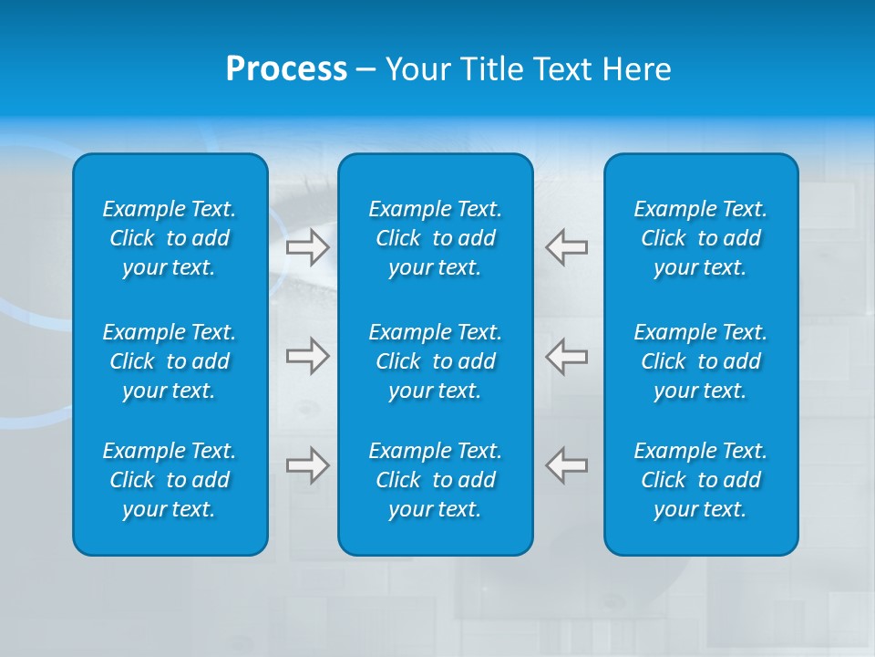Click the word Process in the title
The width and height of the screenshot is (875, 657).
click(x=286, y=69)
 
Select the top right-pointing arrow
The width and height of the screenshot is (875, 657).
click(x=307, y=247)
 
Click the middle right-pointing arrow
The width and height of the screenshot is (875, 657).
click(x=307, y=356)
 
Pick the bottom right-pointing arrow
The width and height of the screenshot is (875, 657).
click(x=307, y=464)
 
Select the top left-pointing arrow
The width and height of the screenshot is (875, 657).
click(x=566, y=247)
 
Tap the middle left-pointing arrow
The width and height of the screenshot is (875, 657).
click(x=566, y=356)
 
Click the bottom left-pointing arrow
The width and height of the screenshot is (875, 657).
click(x=566, y=464)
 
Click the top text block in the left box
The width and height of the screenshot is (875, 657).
click(x=170, y=238)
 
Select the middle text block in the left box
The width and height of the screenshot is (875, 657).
click(x=170, y=361)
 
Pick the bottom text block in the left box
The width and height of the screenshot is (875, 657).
click(x=170, y=480)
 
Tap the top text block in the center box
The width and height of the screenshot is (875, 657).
click(x=435, y=238)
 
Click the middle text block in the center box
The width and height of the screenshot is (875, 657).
click(x=435, y=361)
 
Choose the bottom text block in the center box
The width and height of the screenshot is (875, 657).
click(x=435, y=480)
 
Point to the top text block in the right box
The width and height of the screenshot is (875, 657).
click(x=700, y=238)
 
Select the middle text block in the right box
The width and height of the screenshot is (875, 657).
click(x=700, y=361)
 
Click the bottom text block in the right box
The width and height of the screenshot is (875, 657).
click(x=700, y=480)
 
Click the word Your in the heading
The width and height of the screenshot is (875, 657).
click(x=415, y=69)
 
